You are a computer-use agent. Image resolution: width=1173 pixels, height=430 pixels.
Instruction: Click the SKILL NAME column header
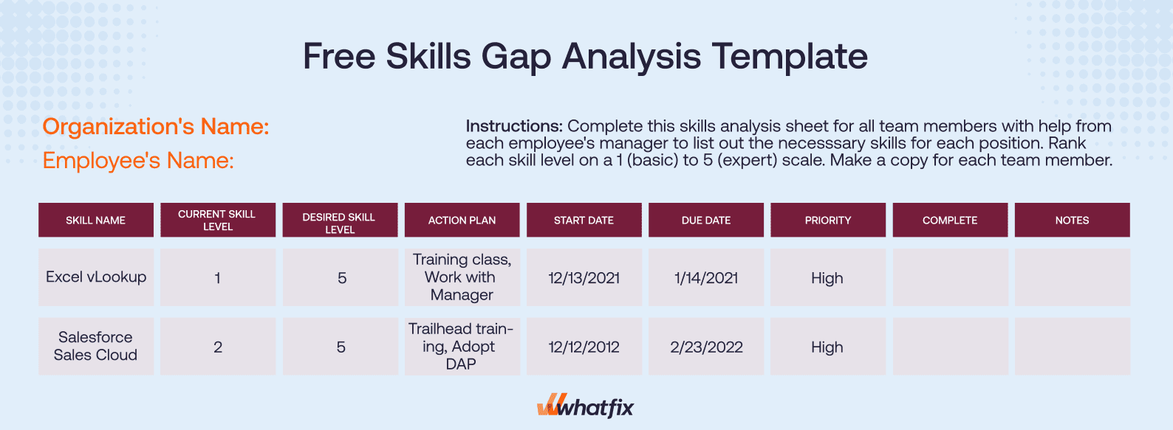(x=95, y=220)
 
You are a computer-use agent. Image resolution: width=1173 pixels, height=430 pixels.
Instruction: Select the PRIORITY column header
(x=827, y=220)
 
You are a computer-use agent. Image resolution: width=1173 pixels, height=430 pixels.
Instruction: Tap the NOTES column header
(x=1072, y=220)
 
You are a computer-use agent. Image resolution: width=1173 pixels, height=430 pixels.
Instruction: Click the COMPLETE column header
(x=949, y=220)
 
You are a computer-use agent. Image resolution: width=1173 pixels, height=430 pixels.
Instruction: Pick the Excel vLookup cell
(x=96, y=277)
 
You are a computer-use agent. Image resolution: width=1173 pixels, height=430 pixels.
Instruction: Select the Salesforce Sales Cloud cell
(x=96, y=346)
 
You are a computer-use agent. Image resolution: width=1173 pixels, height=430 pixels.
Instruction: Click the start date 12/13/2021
(x=584, y=278)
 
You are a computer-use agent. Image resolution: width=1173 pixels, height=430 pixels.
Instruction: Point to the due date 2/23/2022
(x=706, y=347)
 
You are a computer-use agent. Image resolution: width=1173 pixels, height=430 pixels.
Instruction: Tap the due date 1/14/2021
(x=706, y=278)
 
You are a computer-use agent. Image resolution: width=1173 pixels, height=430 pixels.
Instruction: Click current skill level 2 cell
(x=218, y=347)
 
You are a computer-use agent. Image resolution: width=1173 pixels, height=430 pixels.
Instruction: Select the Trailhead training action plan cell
(x=461, y=346)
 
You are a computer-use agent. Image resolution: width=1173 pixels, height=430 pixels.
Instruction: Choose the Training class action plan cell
(x=462, y=277)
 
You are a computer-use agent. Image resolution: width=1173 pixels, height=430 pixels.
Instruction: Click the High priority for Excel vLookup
(x=827, y=278)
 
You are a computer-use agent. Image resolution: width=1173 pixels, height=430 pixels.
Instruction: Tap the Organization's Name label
(x=156, y=127)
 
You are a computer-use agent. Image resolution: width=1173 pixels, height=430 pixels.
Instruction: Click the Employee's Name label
(x=138, y=160)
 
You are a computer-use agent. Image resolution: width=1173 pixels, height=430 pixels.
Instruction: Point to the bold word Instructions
(x=514, y=126)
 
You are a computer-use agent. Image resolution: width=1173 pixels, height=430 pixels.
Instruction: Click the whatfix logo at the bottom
(x=585, y=406)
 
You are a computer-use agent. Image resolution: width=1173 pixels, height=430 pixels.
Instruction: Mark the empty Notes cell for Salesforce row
(x=1072, y=347)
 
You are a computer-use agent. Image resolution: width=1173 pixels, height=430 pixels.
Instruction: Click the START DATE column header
(x=584, y=220)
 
